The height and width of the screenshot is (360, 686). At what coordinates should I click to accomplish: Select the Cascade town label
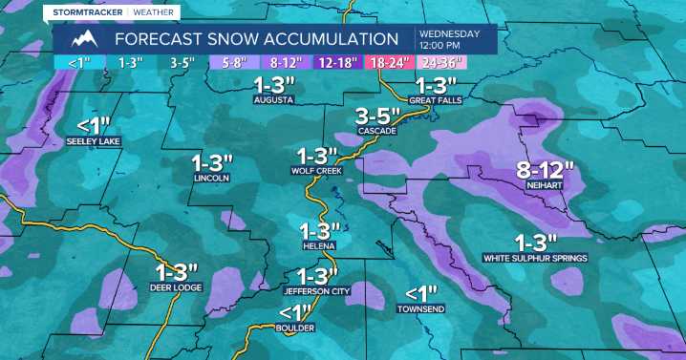click(375, 130)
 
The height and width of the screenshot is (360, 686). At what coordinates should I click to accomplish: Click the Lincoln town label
click(211, 178)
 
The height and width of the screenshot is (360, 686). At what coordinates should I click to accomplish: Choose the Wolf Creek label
click(316, 171)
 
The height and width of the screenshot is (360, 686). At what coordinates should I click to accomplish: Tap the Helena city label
click(319, 245)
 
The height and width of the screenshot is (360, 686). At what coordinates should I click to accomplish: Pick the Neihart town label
click(545, 186)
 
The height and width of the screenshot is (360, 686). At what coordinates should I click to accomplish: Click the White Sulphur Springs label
click(535, 258)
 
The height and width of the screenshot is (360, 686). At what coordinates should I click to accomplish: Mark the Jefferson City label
click(317, 290)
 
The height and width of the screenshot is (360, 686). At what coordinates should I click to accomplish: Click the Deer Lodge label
click(174, 286)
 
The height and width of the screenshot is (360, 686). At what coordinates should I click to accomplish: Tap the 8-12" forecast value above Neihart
click(545, 170)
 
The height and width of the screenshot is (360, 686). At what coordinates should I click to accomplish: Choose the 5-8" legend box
click(232, 62)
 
